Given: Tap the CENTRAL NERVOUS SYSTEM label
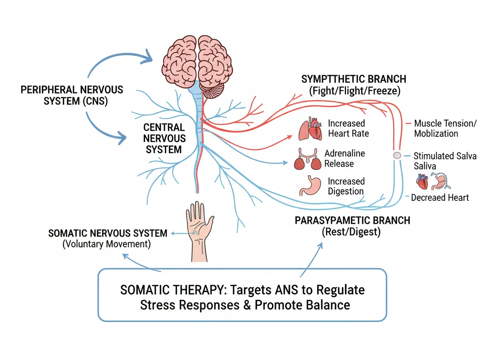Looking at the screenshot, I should (164, 138).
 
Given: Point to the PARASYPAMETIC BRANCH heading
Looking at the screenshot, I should (352, 220).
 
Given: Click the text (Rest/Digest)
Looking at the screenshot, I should (351, 232).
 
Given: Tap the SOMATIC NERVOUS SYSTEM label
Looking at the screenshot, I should (108, 233).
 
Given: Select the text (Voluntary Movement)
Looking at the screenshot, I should (106, 244).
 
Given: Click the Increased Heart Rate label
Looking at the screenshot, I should (348, 128).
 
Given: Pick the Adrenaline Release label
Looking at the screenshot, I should (344, 158).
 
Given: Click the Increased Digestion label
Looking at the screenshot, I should (346, 186).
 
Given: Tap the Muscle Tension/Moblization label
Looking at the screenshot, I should (445, 129).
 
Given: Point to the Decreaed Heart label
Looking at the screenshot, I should (440, 197).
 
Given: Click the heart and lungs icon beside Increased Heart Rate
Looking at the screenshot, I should (310, 129).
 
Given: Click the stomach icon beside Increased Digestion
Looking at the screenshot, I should (309, 186).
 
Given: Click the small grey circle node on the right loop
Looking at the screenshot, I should (397, 155).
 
